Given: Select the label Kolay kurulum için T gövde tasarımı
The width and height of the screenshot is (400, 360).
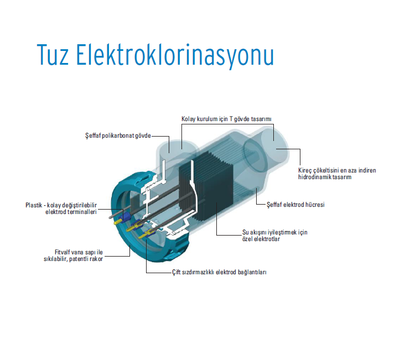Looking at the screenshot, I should [226, 119].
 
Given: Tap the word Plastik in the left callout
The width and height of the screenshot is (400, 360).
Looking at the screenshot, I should [34, 205].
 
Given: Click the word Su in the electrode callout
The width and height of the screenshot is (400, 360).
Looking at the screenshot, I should [247, 232].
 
